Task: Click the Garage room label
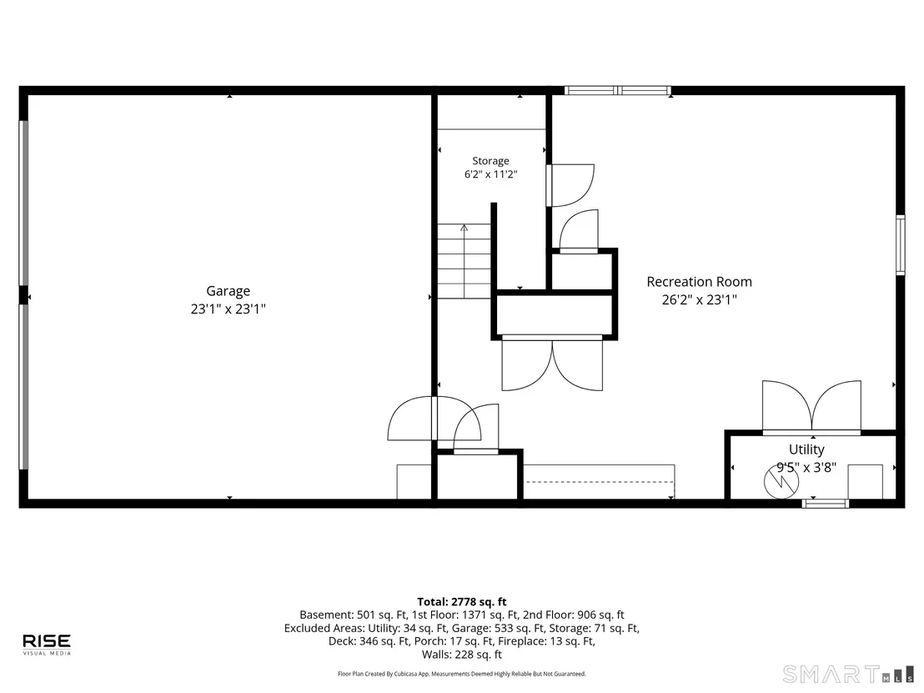point(228,291)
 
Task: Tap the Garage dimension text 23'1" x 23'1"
point(228,309)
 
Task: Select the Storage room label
point(490,161)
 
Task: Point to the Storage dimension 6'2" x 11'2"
point(491,174)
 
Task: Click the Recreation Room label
point(699,282)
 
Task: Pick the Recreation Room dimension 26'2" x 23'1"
point(699,299)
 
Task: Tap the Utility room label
point(806,449)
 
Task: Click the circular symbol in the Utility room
point(781,481)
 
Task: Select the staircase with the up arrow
point(464,261)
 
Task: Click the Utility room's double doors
point(812,408)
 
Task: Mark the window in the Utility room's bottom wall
point(826,503)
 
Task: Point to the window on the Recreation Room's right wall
point(901,245)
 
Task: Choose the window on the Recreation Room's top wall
point(618,91)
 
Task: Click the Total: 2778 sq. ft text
point(462,601)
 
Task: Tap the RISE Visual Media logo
point(47,644)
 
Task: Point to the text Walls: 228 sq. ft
point(462,654)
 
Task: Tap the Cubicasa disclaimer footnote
point(462,674)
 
